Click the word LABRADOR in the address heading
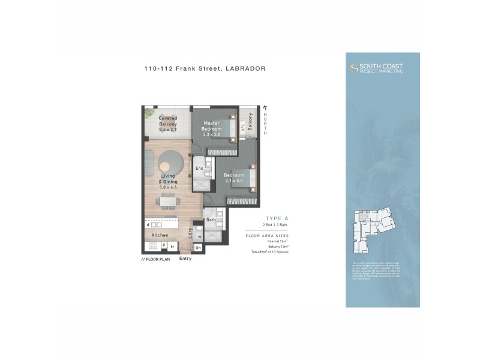pos(245,68)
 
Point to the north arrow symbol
pos(265,107)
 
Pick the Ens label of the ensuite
pos(199,169)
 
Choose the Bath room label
pos(211,220)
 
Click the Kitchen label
pos(160,235)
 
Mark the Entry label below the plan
pos(185,259)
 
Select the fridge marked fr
pos(172,246)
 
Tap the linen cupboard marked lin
pos(198,247)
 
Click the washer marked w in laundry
pos(199,236)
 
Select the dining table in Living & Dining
pos(168,201)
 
